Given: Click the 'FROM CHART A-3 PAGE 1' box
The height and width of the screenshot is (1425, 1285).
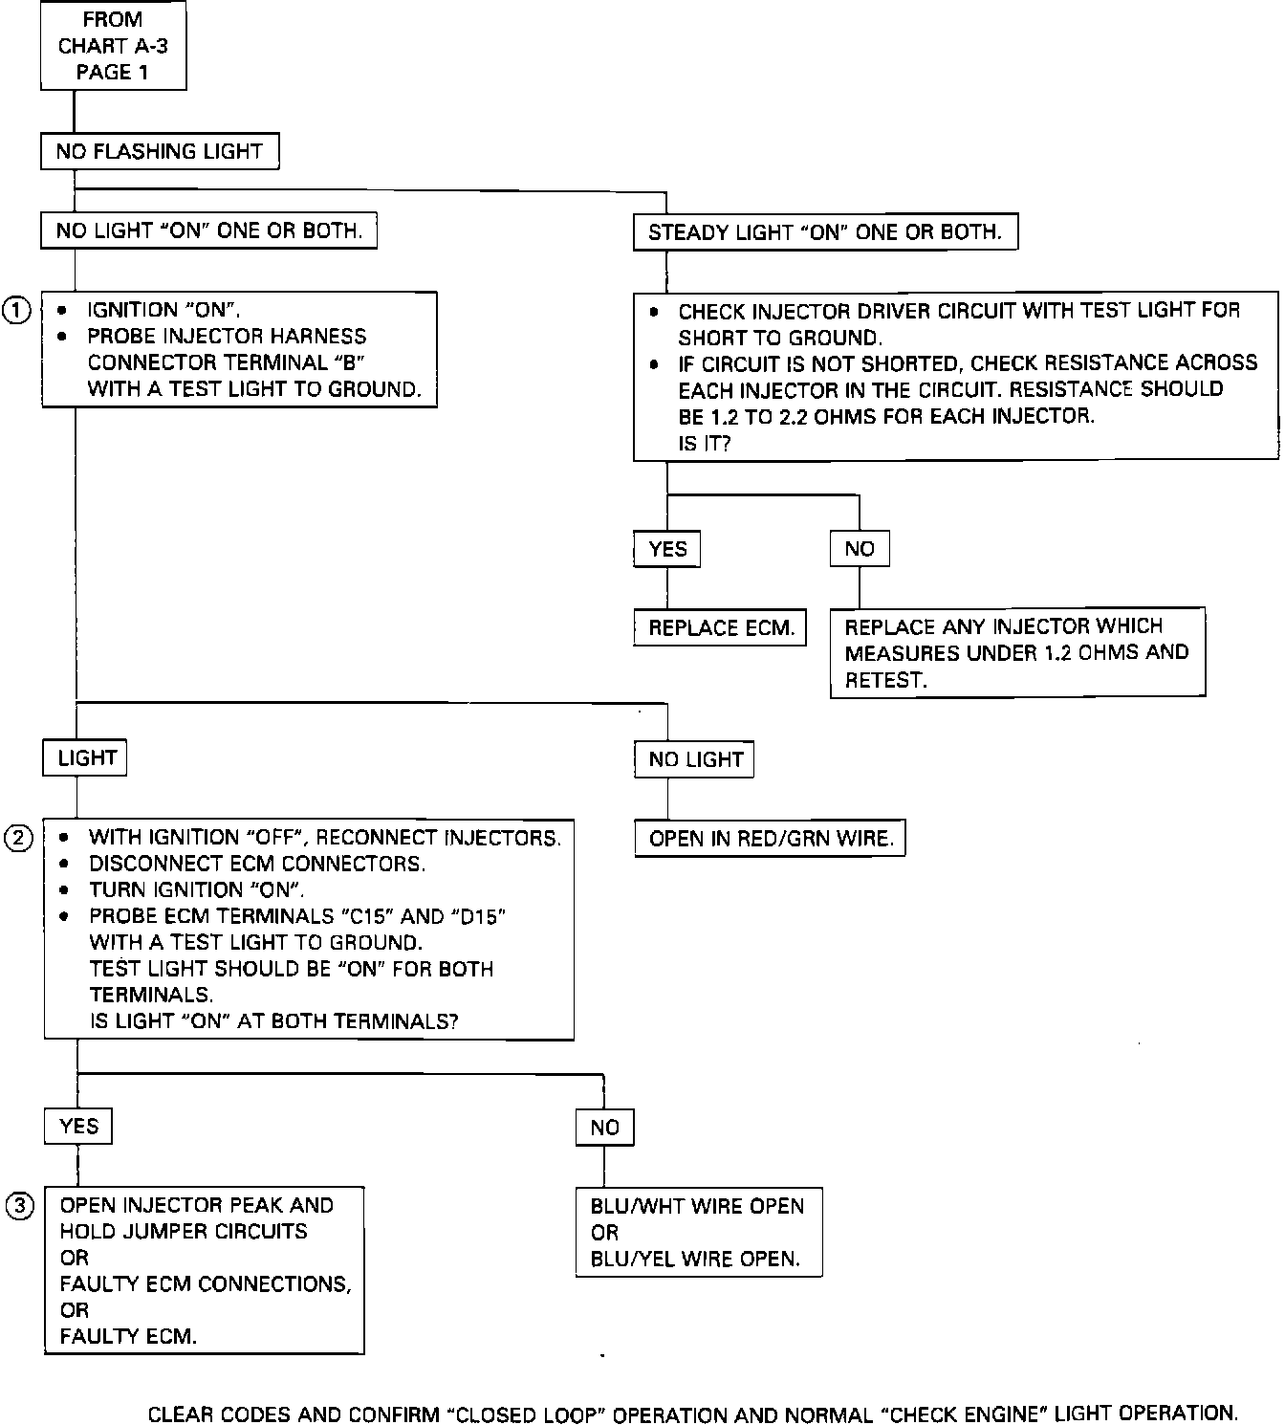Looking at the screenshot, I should [x=113, y=46].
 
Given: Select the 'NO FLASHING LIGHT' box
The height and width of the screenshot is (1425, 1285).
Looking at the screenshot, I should [x=159, y=151].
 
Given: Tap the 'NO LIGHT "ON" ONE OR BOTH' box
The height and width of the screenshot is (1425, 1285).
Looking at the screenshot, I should [x=208, y=230].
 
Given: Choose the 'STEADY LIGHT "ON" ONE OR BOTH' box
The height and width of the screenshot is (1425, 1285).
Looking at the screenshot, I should [x=824, y=232].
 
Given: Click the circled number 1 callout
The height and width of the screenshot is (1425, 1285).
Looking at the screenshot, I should [x=17, y=310].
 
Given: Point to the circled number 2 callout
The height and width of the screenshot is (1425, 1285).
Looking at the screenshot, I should [x=18, y=839].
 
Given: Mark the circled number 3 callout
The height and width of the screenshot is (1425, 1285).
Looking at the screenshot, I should [x=18, y=1206].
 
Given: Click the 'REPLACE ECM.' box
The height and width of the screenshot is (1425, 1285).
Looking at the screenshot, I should [x=721, y=628].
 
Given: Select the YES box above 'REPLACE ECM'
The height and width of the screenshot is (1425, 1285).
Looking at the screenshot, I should [x=667, y=549].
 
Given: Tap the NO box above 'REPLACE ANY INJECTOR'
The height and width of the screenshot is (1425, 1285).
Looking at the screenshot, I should [x=860, y=549].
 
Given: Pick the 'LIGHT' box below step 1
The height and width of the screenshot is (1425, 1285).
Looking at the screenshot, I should [x=86, y=758].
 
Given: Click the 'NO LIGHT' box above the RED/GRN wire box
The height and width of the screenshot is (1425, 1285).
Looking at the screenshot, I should [x=695, y=760].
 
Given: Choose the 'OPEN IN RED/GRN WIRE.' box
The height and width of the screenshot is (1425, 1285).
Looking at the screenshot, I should [x=770, y=839].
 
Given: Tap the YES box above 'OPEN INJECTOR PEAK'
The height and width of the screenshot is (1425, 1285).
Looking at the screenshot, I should [x=78, y=1127].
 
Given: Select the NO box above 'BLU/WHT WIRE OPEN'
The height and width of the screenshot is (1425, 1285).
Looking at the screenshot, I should [x=604, y=1128].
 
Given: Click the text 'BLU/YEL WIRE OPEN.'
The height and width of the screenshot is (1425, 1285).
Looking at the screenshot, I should [x=695, y=1259].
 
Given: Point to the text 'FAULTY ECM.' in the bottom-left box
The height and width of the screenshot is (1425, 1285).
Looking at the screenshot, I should [x=128, y=1337].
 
